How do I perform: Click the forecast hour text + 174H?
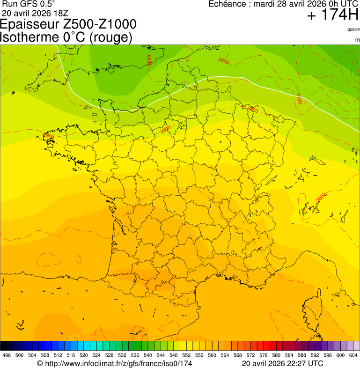(332, 15)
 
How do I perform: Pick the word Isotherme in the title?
(29, 37)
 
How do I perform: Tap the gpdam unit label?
(353, 29)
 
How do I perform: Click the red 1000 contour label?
(149, 60)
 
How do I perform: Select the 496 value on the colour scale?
(7, 355)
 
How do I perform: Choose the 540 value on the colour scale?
(148, 355)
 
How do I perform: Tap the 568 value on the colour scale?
(238, 355)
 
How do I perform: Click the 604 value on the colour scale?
(353, 355)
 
